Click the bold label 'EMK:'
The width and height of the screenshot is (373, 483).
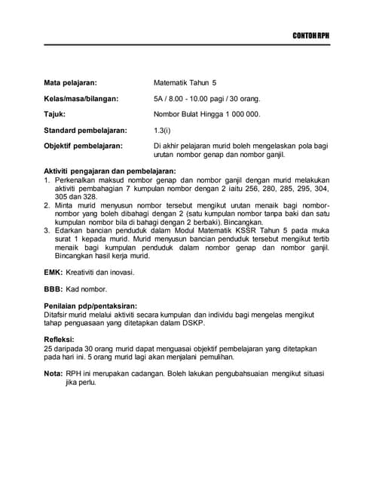(x=55, y=272)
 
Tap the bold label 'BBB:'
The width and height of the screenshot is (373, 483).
(x=54, y=289)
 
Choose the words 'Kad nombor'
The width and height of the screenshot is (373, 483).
(x=89, y=289)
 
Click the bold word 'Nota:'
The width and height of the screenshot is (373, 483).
(x=53, y=374)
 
